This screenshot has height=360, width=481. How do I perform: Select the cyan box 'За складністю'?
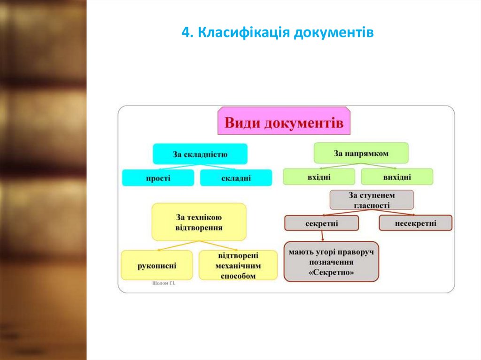point(200,153)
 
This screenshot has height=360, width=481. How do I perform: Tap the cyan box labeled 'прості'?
point(158,178)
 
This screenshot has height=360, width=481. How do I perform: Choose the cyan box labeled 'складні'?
point(236,178)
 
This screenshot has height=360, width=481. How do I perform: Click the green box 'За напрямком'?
point(361,153)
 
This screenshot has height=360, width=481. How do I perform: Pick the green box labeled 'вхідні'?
point(318,177)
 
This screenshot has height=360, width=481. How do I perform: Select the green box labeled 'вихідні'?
point(396,177)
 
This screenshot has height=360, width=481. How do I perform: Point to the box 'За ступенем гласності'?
point(372,199)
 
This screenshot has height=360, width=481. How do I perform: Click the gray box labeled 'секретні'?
point(321,223)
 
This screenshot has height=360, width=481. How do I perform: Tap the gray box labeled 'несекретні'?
point(415,223)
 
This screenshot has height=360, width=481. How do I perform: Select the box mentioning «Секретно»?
point(331,262)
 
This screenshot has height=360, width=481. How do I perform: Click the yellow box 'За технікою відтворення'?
point(199,222)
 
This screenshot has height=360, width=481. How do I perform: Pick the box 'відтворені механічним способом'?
point(238,266)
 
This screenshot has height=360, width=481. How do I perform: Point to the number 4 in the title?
point(185,33)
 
